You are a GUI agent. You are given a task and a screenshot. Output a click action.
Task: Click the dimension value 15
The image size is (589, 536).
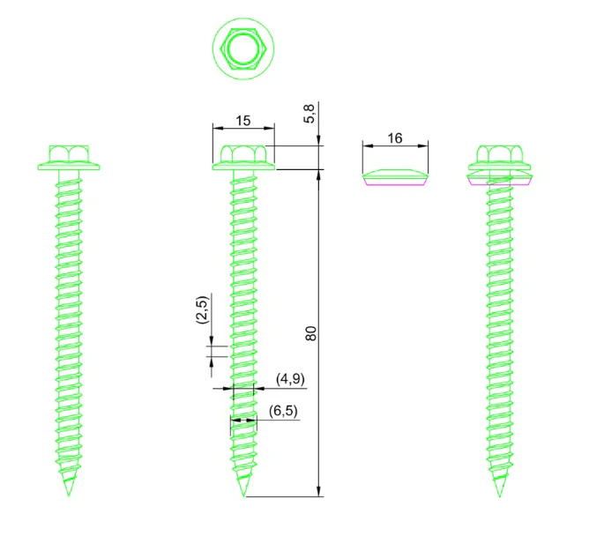click(242, 121)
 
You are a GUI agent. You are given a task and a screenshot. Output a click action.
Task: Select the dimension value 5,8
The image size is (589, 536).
click(309, 114)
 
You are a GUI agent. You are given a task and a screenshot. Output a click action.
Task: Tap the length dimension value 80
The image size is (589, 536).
click(310, 333)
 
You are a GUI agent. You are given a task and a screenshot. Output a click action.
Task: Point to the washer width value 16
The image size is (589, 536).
click(395, 138)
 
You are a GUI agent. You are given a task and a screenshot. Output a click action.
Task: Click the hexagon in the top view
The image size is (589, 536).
click(220, 48)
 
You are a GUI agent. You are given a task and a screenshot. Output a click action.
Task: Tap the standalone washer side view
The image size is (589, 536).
click(395, 178)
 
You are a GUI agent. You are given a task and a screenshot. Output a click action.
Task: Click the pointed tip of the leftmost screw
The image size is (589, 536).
click(69, 495)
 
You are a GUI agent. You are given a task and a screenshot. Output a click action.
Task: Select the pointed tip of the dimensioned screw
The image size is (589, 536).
click(243, 495)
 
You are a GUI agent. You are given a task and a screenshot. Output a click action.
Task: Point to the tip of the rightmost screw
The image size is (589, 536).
click(500, 495)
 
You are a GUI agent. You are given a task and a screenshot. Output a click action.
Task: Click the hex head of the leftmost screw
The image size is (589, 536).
click(69, 154)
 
